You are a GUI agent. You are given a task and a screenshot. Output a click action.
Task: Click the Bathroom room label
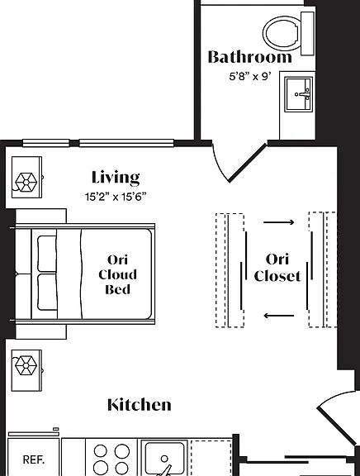pyautogui.click(x=250, y=57)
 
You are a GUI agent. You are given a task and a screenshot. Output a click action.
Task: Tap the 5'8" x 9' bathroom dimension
pyautogui.click(x=250, y=76)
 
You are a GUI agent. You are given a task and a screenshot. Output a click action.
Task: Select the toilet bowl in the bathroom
pyautogui.click(x=282, y=33)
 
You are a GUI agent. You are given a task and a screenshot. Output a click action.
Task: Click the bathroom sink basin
pyautogui.click(x=299, y=94)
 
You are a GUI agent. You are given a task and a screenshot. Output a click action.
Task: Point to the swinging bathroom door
pyautogui.click(x=247, y=164)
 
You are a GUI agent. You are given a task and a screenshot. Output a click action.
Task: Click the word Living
pyautogui.click(x=116, y=178)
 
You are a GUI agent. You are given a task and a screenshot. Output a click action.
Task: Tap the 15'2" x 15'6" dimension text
pyautogui.click(x=116, y=197)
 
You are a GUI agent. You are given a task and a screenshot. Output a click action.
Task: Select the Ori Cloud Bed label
pyautogui.click(x=117, y=274)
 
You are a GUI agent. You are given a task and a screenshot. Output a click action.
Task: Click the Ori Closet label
pyautogui.click(x=277, y=268)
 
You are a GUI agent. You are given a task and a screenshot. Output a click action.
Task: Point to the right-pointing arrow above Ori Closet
pyautogui.click(x=279, y=222)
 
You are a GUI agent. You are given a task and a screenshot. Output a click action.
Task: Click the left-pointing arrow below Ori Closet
pyautogui.click(x=279, y=316)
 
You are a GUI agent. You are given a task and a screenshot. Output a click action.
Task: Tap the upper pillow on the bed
pyautogui.click(x=47, y=254)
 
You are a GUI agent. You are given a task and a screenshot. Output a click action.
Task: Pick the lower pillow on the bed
pyautogui.click(x=47, y=292)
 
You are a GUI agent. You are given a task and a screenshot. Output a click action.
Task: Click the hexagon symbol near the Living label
pyautogui.click(x=26, y=182)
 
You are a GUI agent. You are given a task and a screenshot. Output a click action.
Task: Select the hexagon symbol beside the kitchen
pyautogui.click(x=26, y=365)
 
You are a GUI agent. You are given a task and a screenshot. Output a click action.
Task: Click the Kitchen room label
pyautogui.click(x=140, y=405)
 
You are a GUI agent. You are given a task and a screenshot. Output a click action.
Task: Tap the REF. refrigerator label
pyautogui.click(x=34, y=459)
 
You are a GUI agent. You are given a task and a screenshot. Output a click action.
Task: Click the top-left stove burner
pyautogui.click(x=101, y=451)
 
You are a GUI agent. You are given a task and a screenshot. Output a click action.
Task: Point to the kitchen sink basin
pyautogui.click(x=164, y=459)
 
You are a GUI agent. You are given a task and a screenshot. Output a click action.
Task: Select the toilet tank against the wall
pyautogui.click(x=307, y=34)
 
